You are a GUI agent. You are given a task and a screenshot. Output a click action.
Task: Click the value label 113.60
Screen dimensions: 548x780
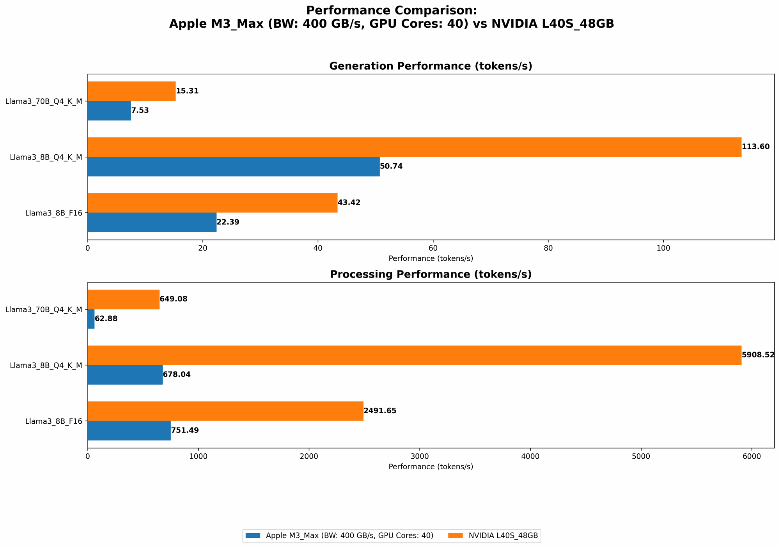[755, 147]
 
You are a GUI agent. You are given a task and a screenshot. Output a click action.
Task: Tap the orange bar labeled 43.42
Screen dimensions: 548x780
[212, 203]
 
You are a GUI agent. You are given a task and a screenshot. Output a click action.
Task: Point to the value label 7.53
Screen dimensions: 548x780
[140, 111]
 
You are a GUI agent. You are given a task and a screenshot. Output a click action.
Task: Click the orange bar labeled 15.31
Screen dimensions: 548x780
[131, 91]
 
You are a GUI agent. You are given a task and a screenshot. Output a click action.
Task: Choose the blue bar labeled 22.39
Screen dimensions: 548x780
[152, 223]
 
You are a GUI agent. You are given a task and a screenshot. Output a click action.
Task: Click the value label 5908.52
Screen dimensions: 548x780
[758, 355]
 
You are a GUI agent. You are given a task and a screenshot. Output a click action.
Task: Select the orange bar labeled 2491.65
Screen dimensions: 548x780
[225, 411]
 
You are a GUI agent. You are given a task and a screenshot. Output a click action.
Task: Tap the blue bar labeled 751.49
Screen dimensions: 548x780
[129, 431]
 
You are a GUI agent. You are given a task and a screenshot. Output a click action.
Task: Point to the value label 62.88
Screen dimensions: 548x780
[106, 319]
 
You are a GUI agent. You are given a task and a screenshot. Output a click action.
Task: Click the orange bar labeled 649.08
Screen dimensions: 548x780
[123, 299]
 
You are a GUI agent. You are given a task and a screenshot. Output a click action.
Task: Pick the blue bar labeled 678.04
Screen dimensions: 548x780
[125, 375]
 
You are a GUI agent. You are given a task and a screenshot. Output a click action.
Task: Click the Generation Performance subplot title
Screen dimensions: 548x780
[431, 66]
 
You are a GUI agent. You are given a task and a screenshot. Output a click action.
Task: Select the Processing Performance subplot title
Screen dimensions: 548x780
[431, 274]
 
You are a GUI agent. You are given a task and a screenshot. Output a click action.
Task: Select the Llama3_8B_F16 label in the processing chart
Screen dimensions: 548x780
[54, 421]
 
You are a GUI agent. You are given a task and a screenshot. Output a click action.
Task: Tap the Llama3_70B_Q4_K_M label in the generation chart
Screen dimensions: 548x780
[44, 101]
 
